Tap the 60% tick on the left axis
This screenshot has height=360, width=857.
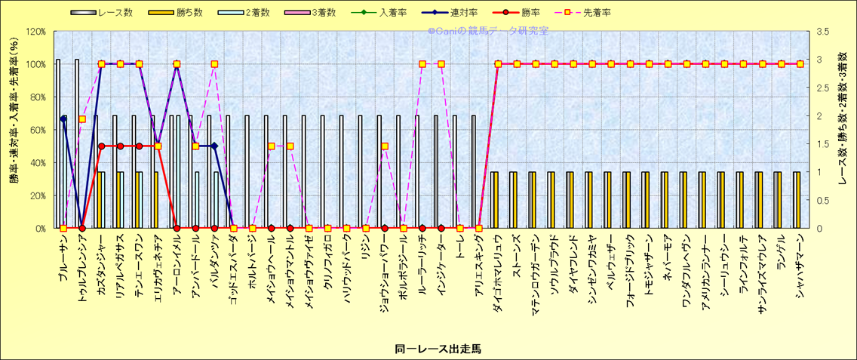(38, 130)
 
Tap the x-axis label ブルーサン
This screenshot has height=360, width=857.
(64, 257)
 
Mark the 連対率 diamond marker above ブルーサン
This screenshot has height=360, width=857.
(63, 118)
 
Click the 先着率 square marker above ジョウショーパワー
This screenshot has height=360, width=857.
(384, 146)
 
